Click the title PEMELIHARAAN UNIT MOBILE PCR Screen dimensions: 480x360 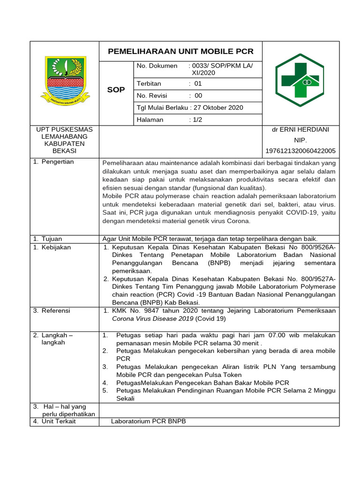tap(180, 51)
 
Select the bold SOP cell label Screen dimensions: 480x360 tap(116, 90)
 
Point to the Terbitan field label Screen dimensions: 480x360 tap(149, 84)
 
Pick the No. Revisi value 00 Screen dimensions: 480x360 tap(198, 96)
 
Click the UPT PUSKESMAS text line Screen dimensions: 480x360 tap(65, 129)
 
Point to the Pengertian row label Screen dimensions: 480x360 tap(57, 162)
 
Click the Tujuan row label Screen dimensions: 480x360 tap(52, 239)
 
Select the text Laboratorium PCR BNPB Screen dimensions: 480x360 tap(149, 421)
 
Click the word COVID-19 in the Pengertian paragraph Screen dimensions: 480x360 tap(289, 213)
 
